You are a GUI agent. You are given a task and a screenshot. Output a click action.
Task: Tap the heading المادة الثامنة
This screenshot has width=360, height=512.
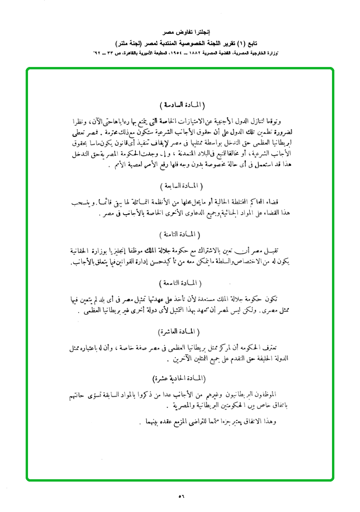tap(180, 234)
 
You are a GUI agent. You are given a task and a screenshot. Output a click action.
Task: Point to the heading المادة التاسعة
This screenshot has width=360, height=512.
tap(180, 283)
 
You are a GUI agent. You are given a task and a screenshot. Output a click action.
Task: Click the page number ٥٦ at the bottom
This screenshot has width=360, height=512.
tap(180, 496)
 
